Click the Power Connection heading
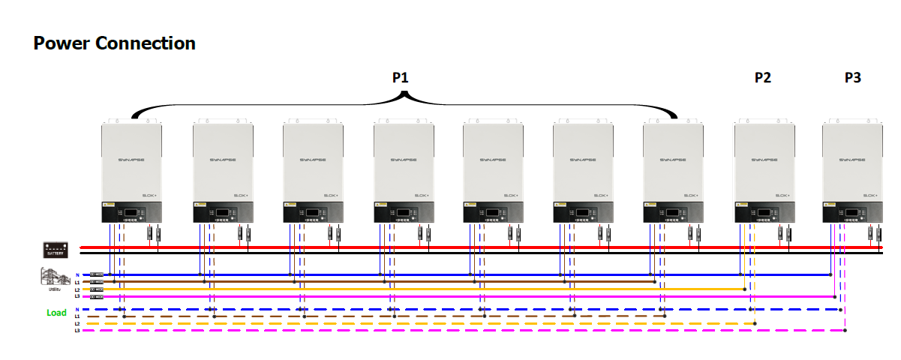pos(114,43)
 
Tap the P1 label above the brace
pos(401,77)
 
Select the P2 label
pos(762,77)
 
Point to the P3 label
pos(852,77)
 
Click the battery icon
pos(57,249)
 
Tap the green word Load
pos(56,313)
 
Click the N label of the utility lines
pos(77,275)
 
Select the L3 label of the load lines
pos(77,331)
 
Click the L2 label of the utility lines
pos(77,289)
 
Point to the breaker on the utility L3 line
pos(97,297)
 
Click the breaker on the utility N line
pos(97,275)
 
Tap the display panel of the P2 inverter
pos(760,212)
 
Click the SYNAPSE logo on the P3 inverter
pos(851,160)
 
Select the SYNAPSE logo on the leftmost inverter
pos(131,160)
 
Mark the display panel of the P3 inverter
pos(848,212)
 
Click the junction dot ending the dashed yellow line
pos(755,324)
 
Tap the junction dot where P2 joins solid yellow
pos(743,289)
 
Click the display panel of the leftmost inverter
pos(128,212)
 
